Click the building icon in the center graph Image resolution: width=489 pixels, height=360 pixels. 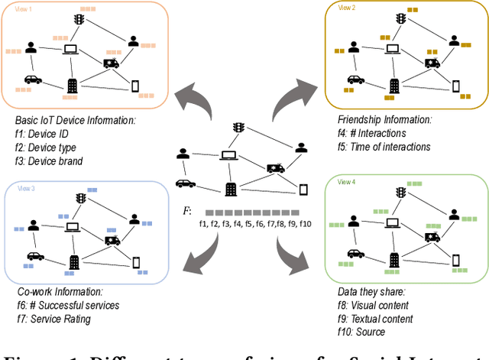pyautogui.click(x=230, y=188)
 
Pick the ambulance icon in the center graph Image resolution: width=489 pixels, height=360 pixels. pyautogui.click(x=275, y=167)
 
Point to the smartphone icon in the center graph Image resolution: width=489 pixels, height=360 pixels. pyautogui.click(x=303, y=189)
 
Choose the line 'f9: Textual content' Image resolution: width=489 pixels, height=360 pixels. pyautogui.click(x=375, y=319)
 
